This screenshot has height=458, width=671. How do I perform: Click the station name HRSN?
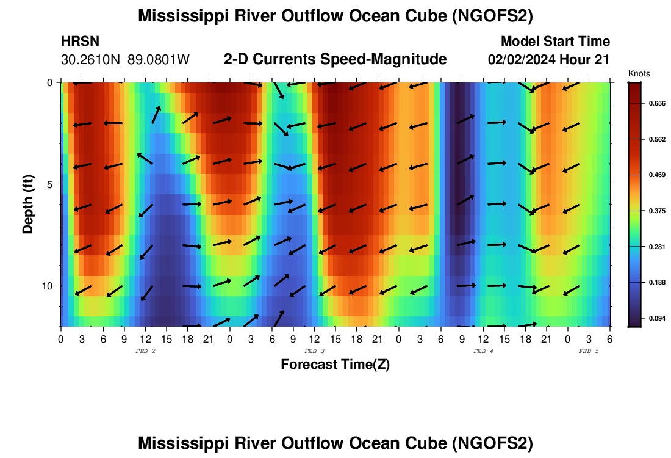(x=81, y=42)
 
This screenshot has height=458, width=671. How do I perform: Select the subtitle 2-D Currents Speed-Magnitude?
(x=335, y=59)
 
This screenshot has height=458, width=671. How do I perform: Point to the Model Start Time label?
(x=555, y=42)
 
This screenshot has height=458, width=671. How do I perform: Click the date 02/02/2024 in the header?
(x=524, y=60)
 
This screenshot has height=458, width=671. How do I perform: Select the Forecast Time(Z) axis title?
(x=335, y=365)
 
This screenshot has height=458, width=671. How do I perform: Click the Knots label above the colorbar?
(x=639, y=73)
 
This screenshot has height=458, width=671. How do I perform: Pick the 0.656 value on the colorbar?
(x=656, y=104)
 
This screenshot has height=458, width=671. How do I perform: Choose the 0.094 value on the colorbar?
(x=656, y=318)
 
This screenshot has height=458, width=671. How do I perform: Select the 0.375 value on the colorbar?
(x=656, y=211)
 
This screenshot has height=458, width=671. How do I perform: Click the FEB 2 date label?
(x=145, y=351)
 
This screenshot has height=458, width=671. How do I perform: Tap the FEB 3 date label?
(x=314, y=351)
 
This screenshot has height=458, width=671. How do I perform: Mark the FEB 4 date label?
(x=483, y=351)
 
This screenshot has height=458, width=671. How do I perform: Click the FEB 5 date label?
(x=589, y=351)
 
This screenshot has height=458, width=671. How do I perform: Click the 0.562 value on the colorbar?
(x=656, y=139)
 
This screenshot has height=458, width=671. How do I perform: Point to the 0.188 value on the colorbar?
(x=656, y=282)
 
